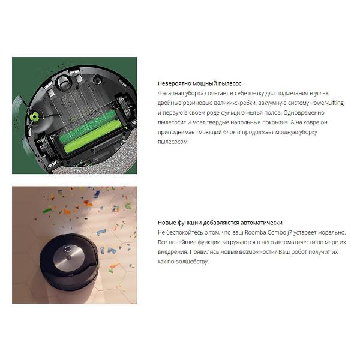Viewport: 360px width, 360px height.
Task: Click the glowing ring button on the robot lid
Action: tap(68, 249)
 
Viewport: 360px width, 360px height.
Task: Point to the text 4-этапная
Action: tap(170, 93)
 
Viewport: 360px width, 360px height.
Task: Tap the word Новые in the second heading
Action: tap(167, 223)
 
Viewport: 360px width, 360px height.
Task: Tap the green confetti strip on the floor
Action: tap(47, 211)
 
